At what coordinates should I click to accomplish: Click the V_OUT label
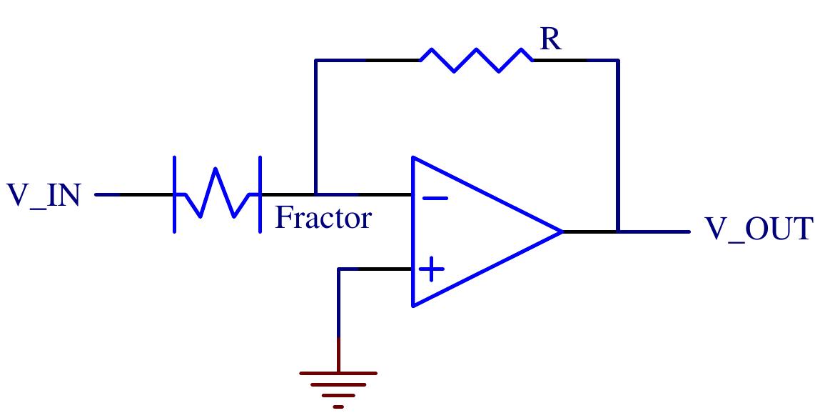(x=759, y=230)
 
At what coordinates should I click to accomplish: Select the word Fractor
(x=323, y=217)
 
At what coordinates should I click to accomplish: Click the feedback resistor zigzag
(x=475, y=60)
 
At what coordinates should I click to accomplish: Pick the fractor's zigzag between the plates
(x=216, y=193)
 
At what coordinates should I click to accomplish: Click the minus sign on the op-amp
(x=434, y=198)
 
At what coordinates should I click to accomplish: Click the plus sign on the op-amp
(x=431, y=270)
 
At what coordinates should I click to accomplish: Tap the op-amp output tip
(x=562, y=232)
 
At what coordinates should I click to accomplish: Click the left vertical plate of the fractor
(x=175, y=194)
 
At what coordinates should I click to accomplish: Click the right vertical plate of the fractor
(x=260, y=194)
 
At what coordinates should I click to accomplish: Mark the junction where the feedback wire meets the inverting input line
(x=315, y=194)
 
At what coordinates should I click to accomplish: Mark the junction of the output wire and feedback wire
(x=618, y=232)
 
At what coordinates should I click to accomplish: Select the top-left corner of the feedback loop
(x=315, y=60)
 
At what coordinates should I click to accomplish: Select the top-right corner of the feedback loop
(x=618, y=60)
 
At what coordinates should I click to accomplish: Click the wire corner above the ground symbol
(x=338, y=269)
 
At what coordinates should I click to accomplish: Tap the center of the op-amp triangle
(x=471, y=232)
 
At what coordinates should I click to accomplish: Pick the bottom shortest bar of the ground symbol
(x=338, y=407)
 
